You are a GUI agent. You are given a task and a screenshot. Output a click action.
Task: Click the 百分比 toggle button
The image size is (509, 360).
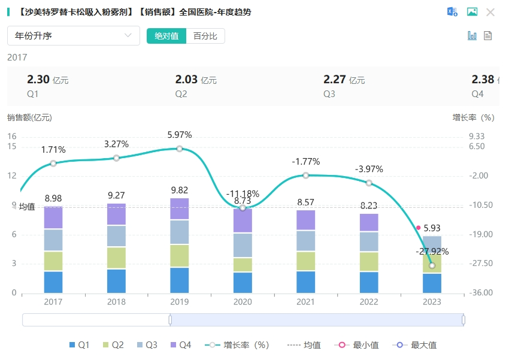tap(205, 36)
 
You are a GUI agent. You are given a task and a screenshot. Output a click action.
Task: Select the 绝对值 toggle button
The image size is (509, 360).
tap(166, 36)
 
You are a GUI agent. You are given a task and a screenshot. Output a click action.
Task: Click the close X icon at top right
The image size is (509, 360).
tap(490, 12)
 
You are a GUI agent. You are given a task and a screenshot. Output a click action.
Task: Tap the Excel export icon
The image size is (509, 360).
tap(453, 12)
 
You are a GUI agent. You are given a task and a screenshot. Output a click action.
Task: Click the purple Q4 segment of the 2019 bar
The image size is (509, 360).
tap(179, 209)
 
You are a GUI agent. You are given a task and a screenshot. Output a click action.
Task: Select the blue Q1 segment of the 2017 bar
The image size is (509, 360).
tap(53, 282)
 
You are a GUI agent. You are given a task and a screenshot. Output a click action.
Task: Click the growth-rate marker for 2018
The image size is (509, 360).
tap(116, 158)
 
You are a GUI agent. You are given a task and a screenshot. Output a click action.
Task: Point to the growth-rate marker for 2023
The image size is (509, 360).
tap(432, 265)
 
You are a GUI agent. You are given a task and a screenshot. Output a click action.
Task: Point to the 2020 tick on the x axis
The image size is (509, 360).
tap(243, 302)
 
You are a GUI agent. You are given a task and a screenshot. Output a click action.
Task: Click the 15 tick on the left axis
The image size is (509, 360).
tap(12, 146)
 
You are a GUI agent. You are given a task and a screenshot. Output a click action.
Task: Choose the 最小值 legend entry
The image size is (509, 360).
tap(360, 345)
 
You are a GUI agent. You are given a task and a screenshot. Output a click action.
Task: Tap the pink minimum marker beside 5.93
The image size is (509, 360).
tap(418, 228)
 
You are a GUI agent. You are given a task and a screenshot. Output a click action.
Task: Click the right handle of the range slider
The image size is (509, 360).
tap(463, 320)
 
